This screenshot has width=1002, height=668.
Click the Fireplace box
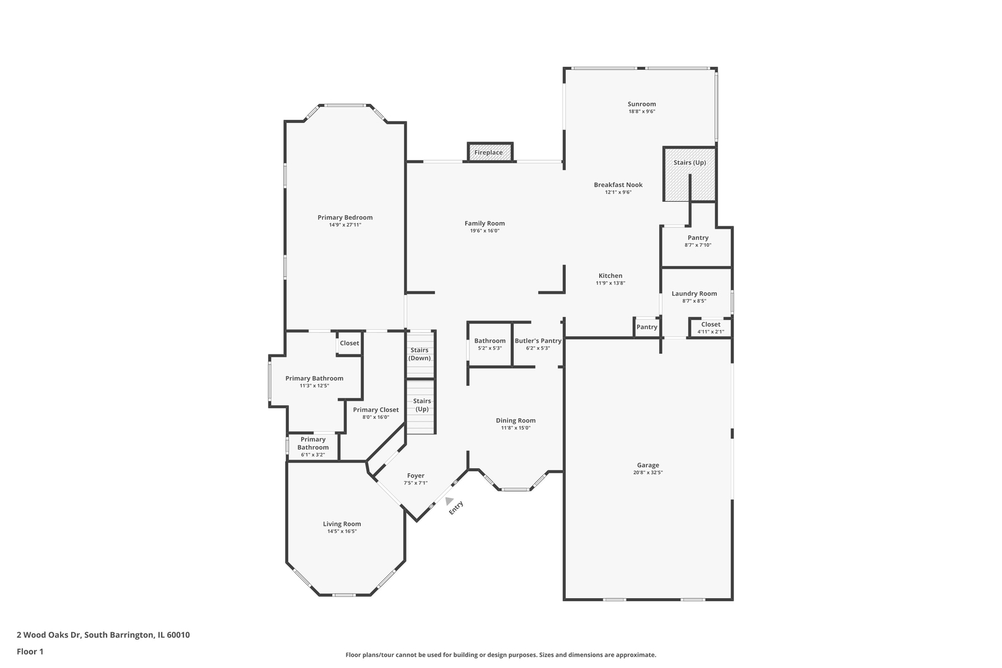490,152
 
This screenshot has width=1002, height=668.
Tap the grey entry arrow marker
448,500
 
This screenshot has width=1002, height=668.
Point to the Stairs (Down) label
419,354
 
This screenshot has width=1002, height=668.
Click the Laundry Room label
694,294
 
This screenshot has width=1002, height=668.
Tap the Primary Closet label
376,410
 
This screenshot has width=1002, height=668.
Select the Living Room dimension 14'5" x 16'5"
342,531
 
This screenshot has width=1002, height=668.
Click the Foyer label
416,476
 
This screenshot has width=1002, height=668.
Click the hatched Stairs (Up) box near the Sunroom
689,174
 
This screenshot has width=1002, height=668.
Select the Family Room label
484,223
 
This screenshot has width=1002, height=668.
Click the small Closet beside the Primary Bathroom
349,344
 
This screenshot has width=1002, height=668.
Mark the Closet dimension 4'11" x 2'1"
710,332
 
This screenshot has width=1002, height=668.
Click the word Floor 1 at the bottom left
30,651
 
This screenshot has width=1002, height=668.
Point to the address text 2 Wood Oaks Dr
49,635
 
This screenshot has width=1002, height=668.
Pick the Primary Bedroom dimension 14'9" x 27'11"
345,225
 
